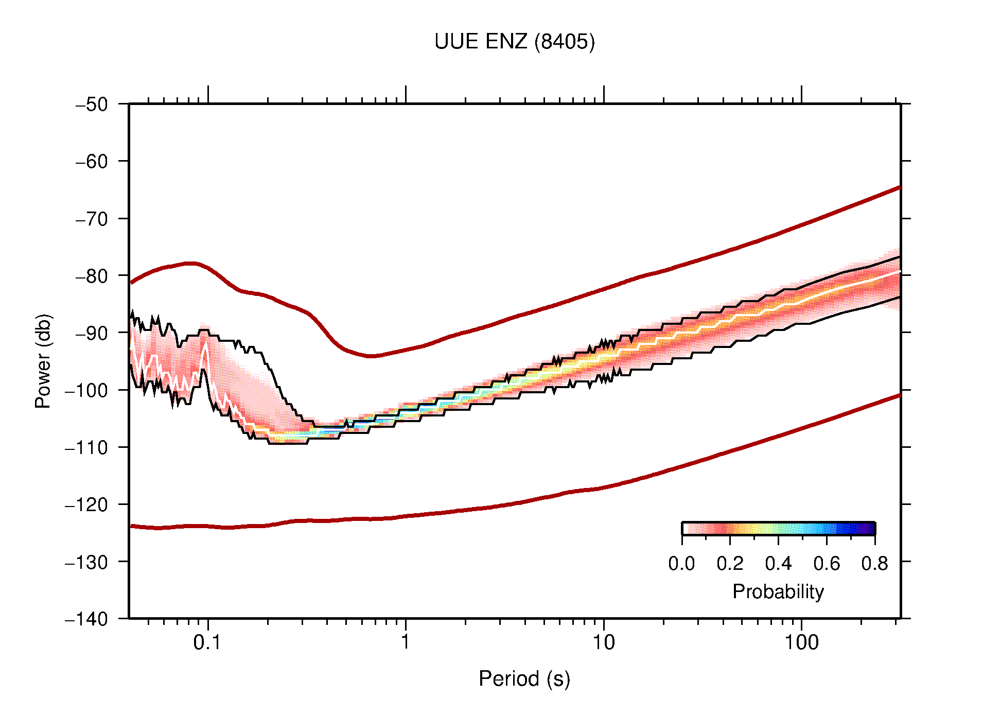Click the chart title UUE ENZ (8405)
[x=514, y=42]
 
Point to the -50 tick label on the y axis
[x=92, y=104]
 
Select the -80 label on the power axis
[x=92, y=276]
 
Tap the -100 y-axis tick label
[x=86, y=390]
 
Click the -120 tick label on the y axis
[x=86, y=504]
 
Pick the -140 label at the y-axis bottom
[x=86, y=619]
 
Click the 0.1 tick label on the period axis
[x=207, y=642]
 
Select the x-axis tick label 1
[x=406, y=642]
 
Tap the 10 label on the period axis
[x=603, y=642]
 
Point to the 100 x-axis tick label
[x=801, y=642]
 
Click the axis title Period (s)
[x=524, y=678]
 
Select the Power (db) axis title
[x=43, y=361]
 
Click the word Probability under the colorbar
[x=778, y=592]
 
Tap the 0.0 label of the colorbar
[x=681, y=564]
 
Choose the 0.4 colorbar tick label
[x=778, y=564]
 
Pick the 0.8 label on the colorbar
[x=874, y=564]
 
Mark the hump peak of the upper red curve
[x=190, y=263]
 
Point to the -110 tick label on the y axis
[x=86, y=447]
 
